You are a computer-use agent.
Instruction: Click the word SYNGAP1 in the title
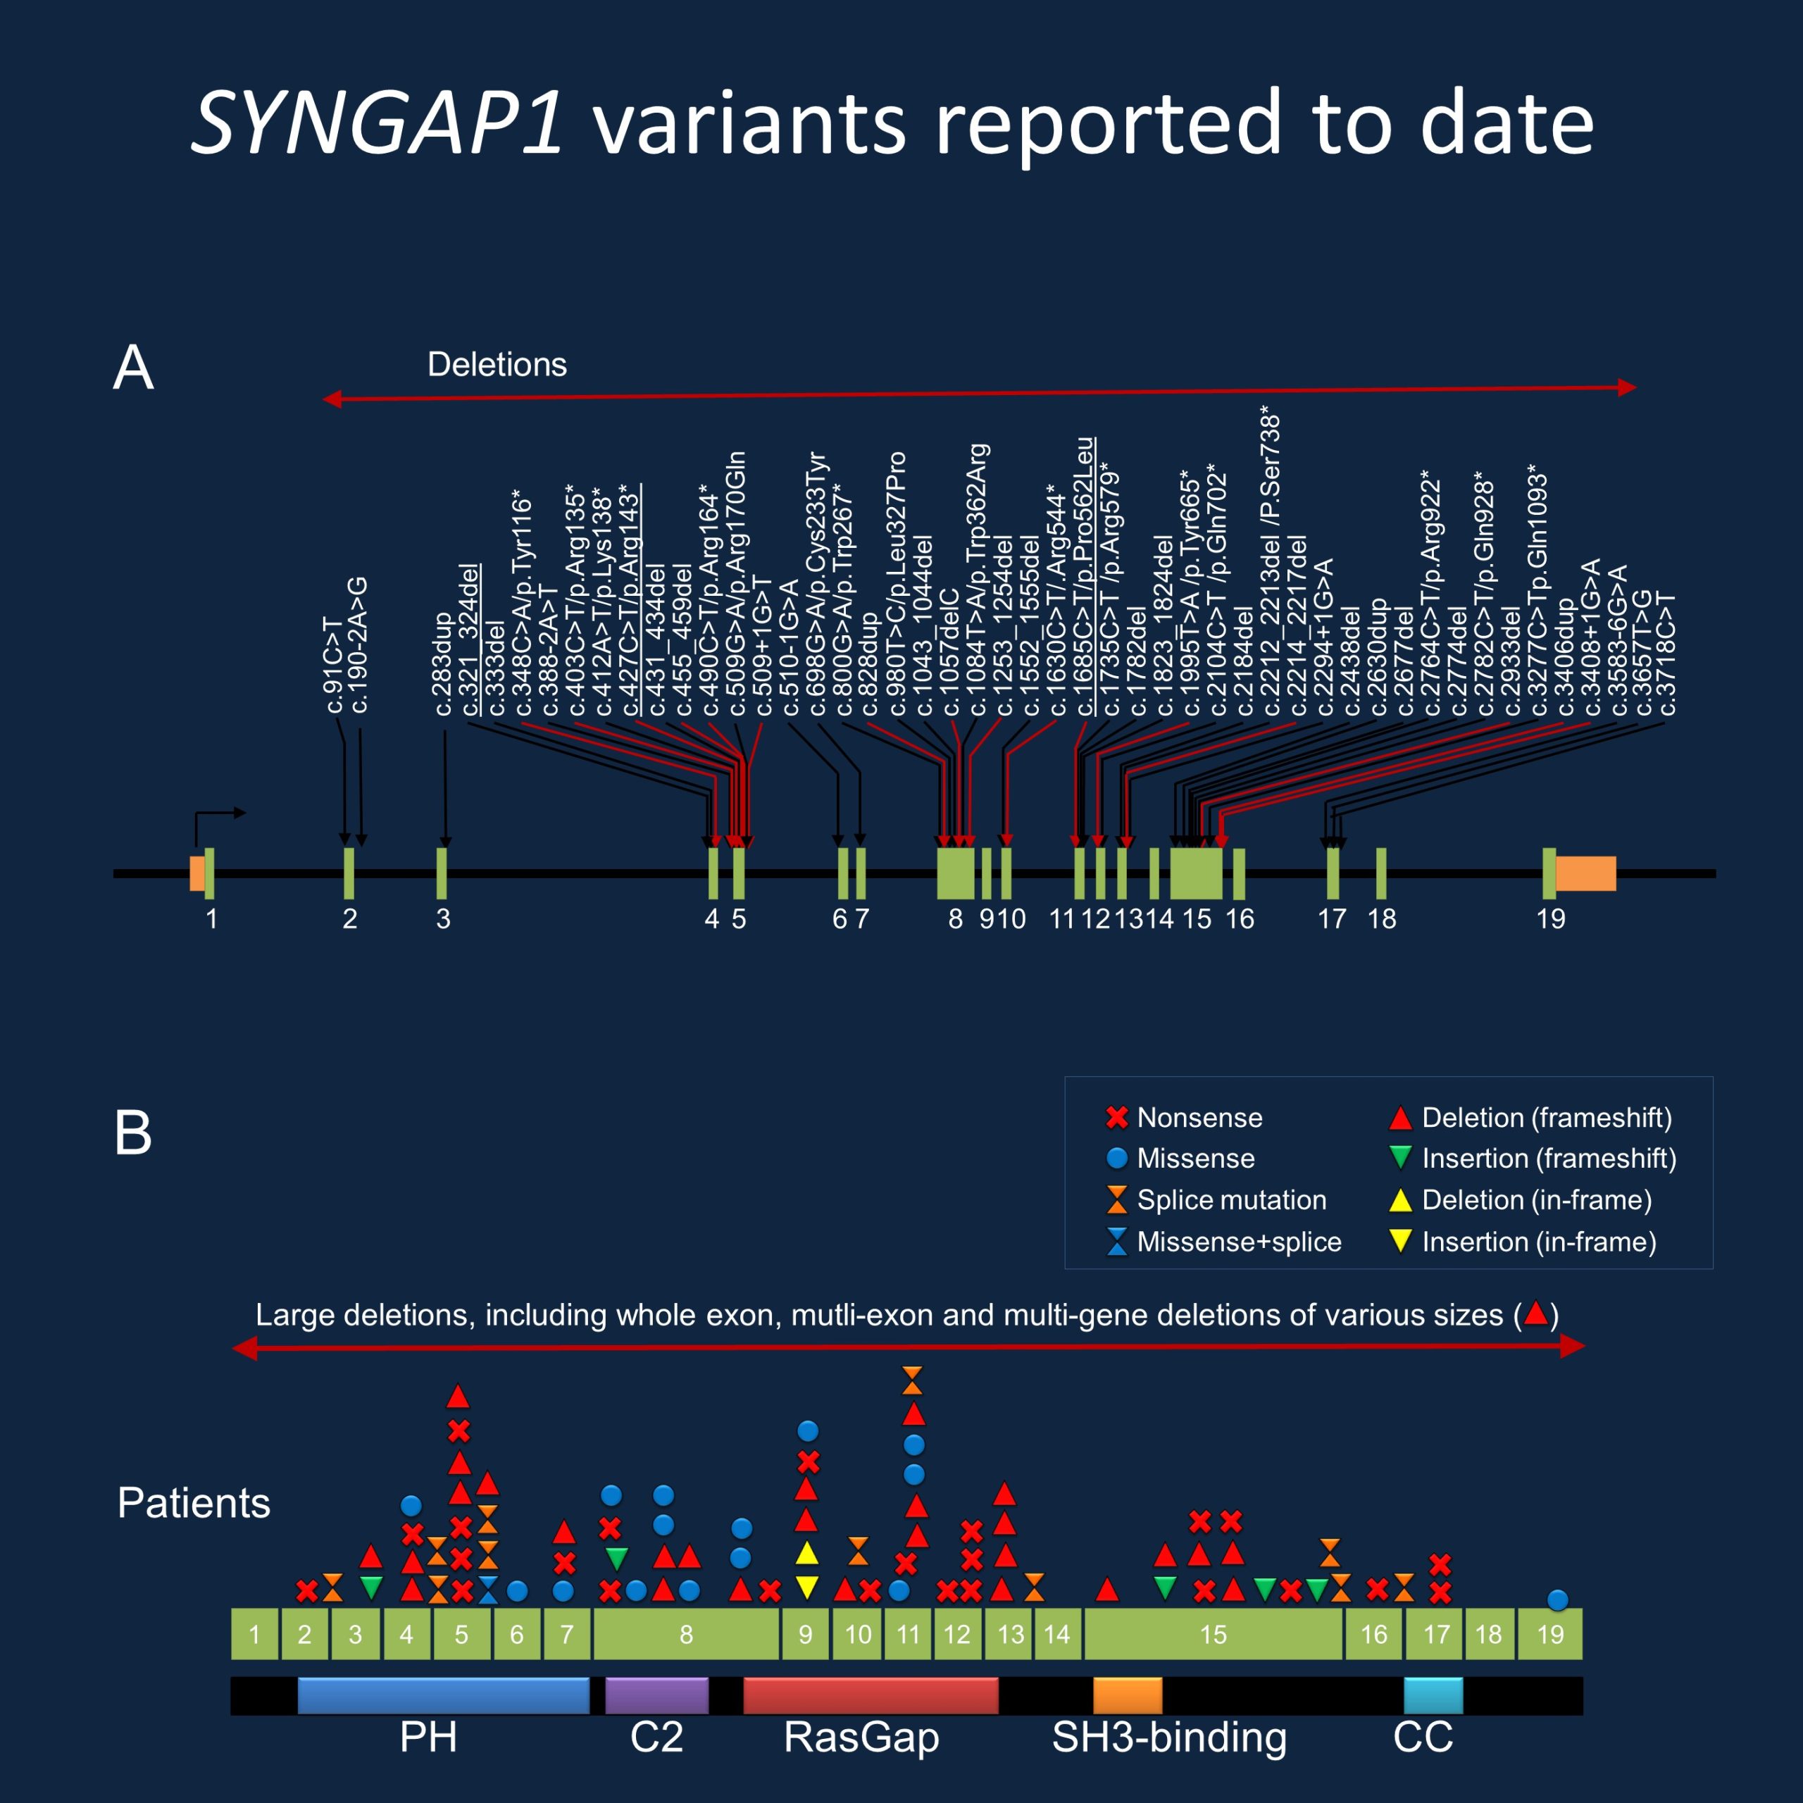pyautogui.click(x=378, y=124)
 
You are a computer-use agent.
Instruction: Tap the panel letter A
pyautogui.click(x=132, y=368)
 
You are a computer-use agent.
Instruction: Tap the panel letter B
pyautogui.click(x=132, y=1133)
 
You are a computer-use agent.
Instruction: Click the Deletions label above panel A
pyautogui.click(x=497, y=365)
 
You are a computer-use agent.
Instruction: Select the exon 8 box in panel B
pyautogui.click(x=686, y=1634)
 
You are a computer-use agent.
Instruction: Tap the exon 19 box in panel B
pyautogui.click(x=1550, y=1634)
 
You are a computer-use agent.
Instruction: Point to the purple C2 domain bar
pyautogui.click(x=656, y=1696)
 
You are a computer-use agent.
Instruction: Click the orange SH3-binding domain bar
pyautogui.click(x=1128, y=1696)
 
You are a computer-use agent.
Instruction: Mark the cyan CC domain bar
pyautogui.click(x=1433, y=1696)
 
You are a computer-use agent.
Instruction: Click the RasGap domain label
pyautogui.click(x=861, y=1738)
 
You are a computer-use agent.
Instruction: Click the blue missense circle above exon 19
pyautogui.click(x=1556, y=1599)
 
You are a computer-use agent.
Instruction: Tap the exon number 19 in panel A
pyautogui.click(x=1550, y=919)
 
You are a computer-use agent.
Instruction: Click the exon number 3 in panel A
pyautogui.click(x=443, y=919)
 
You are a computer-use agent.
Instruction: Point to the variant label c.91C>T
pyautogui.click(x=333, y=664)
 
